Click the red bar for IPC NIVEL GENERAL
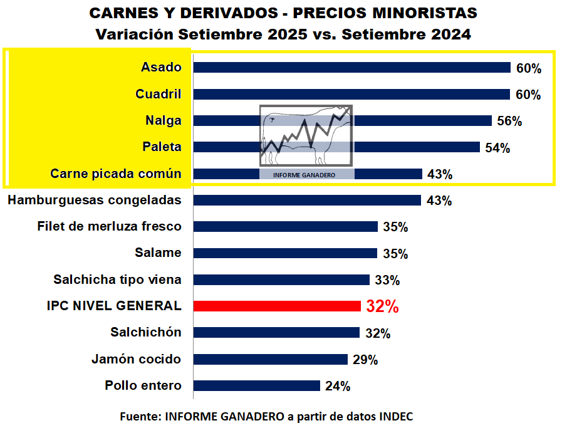point(277,306)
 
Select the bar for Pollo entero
point(257,386)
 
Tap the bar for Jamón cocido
point(271,360)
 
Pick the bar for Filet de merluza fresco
point(286,227)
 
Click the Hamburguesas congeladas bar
point(307,201)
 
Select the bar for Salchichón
point(276,333)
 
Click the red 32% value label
point(382,306)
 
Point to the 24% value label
point(338,387)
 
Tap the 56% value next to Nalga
point(509,121)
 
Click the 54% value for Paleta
point(497,148)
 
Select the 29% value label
point(365,360)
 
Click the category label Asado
point(161,68)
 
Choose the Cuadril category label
point(159,94)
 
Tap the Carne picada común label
point(116,174)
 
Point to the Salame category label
point(158,253)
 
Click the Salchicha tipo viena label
point(117,279)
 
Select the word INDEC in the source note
point(396,416)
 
